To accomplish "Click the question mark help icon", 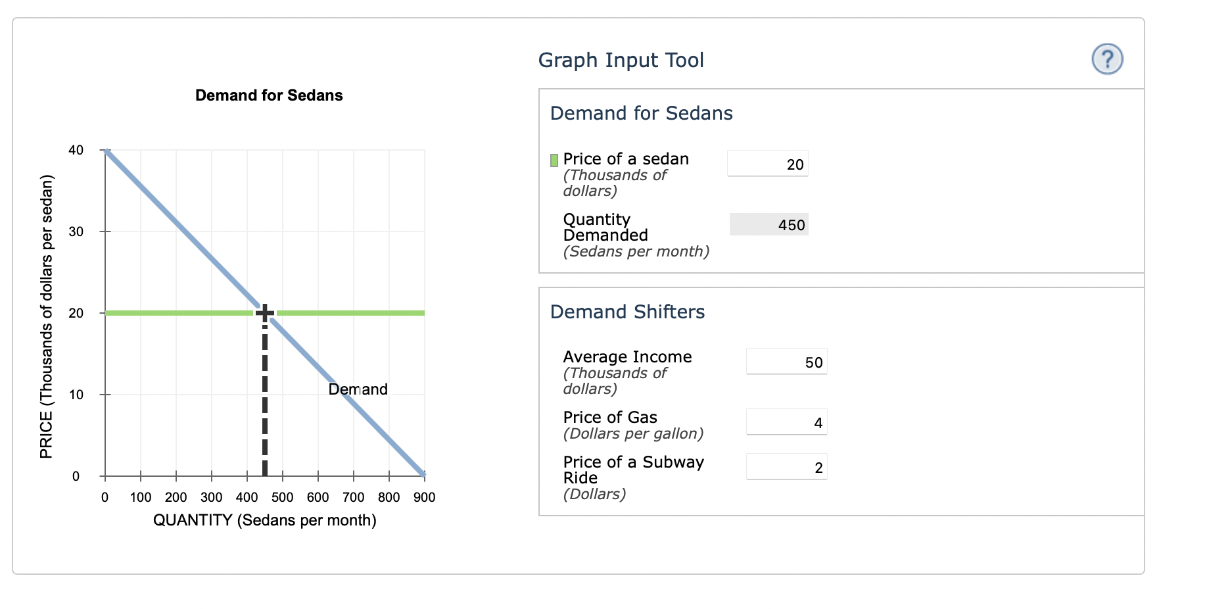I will [x=1107, y=59].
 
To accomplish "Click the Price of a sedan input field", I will [x=767, y=164].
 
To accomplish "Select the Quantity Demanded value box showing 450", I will [x=769, y=225].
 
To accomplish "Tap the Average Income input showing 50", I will [x=786, y=362].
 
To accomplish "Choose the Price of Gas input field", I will [x=786, y=422].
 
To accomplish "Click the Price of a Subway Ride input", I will [x=786, y=467].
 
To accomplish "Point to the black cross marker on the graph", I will [x=264, y=313].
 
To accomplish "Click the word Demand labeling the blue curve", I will [x=358, y=389].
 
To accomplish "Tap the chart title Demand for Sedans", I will [x=269, y=95].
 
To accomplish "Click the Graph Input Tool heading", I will [x=621, y=61].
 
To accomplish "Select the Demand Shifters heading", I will [x=627, y=312].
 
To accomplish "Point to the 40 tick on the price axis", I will [x=76, y=150].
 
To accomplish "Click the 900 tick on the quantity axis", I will [x=424, y=497].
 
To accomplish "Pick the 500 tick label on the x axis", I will [x=282, y=497].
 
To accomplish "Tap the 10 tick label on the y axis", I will [x=76, y=395].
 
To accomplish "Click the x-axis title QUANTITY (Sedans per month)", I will [x=264, y=520].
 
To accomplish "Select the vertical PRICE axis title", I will [x=46, y=316].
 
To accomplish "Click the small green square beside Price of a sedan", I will [x=554, y=160].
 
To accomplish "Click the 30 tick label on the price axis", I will [x=76, y=231].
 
